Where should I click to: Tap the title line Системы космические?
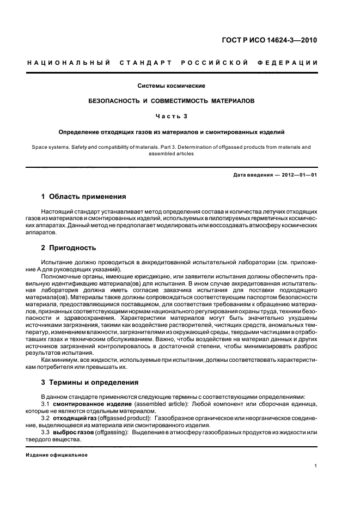tap(179, 86)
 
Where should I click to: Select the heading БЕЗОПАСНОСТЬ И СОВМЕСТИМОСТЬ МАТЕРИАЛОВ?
tap(179, 101)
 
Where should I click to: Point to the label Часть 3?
tap(179, 116)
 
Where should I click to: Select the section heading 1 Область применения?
tap(84, 196)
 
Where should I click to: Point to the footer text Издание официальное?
tap(57, 454)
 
